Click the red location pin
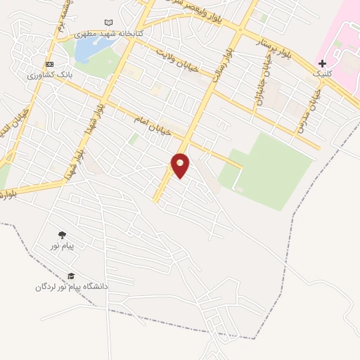click(181, 165)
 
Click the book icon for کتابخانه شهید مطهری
click(108, 23)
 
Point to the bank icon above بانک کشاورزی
click(49, 63)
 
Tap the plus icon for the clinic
click(322, 63)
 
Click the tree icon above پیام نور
click(62, 235)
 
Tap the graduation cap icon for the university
click(70, 276)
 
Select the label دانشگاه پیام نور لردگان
click(72, 287)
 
